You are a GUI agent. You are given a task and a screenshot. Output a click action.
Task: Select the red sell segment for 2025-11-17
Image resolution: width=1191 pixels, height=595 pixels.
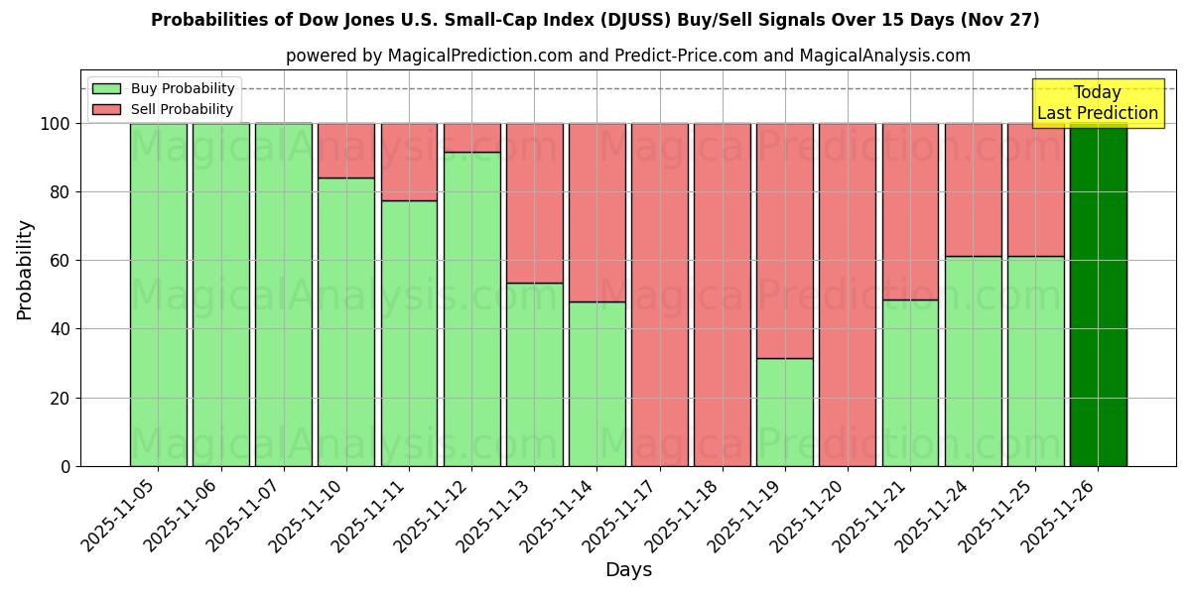(659, 295)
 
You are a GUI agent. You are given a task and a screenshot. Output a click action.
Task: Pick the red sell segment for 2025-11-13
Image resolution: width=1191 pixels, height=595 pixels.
(534, 202)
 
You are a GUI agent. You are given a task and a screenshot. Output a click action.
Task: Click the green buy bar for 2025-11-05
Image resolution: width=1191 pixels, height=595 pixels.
(158, 295)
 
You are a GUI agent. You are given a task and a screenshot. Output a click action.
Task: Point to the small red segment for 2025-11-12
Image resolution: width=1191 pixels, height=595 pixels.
(471, 137)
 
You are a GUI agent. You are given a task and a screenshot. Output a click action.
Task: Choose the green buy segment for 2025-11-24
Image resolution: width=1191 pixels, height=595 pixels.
(973, 361)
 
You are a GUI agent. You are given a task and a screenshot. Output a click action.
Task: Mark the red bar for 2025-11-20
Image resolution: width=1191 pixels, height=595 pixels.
(848, 295)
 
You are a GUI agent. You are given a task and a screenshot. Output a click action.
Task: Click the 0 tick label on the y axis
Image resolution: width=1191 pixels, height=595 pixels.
(66, 466)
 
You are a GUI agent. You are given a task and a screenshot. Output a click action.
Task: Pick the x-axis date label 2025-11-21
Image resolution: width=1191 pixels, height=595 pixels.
(871, 516)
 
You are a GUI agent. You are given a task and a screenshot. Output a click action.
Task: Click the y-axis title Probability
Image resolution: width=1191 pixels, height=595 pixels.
(25, 270)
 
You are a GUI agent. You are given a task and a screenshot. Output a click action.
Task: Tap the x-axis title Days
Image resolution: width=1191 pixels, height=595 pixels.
(628, 570)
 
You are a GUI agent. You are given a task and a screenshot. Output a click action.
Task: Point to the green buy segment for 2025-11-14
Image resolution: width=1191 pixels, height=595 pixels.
(596, 384)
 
